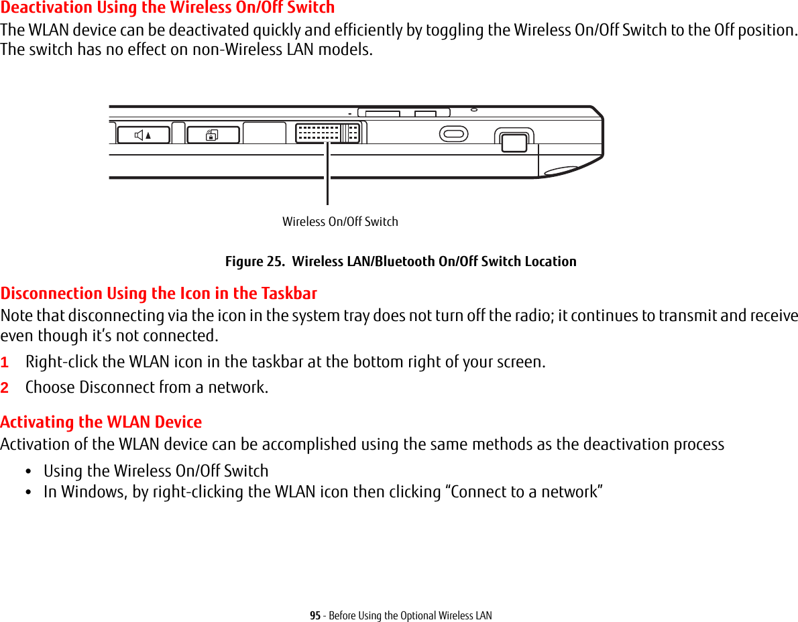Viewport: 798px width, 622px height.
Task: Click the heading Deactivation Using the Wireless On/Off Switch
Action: [x=168, y=8]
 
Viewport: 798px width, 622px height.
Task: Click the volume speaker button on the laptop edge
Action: [x=143, y=135]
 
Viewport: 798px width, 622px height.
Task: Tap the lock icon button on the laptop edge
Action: [x=213, y=135]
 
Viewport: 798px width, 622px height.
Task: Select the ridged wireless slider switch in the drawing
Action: [x=328, y=133]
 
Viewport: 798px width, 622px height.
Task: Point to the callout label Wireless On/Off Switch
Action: [x=340, y=222]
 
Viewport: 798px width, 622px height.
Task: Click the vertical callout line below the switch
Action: [x=328, y=174]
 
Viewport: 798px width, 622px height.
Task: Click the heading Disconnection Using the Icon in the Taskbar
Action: [x=159, y=294]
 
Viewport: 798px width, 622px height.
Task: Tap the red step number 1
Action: [x=5, y=363]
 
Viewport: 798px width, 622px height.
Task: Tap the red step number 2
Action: [x=5, y=388]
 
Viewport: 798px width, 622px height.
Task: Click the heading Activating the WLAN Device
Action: [x=101, y=422]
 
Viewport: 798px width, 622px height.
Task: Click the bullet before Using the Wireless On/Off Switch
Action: [x=27, y=471]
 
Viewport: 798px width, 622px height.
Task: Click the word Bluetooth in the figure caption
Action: [x=404, y=261]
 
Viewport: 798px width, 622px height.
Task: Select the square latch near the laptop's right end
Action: [x=514, y=142]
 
